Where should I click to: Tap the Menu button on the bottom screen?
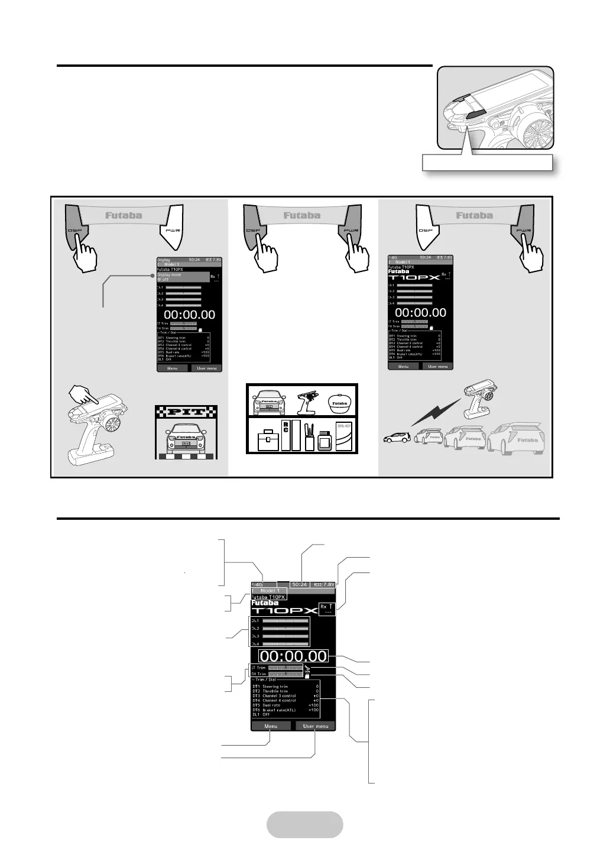271,726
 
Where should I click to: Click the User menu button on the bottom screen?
315,726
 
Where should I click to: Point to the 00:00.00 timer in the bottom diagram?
294,656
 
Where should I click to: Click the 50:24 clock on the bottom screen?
300,584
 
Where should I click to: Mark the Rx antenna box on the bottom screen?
326,609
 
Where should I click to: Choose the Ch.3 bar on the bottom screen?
285,636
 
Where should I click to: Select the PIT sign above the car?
186,412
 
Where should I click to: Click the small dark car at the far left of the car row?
395,440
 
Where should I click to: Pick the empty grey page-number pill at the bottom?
304,824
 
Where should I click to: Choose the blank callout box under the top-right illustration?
487,163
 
